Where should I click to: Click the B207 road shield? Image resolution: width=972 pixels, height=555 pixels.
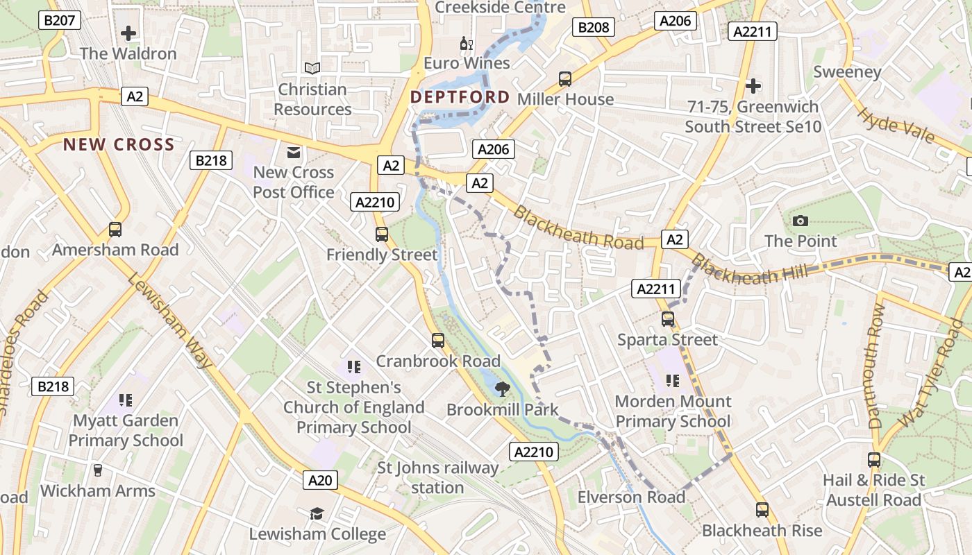[59, 20]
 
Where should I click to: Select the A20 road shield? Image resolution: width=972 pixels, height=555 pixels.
[320, 479]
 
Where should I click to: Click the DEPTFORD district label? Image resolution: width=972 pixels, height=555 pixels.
[460, 97]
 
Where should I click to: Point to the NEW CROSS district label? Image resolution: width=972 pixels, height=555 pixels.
[119, 144]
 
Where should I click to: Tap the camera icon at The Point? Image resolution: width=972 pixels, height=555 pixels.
[801, 221]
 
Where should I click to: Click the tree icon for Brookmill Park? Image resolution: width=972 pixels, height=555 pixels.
[502, 389]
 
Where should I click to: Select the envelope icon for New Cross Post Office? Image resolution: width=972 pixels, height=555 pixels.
[294, 152]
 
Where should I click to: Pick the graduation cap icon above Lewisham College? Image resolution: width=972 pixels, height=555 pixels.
[317, 513]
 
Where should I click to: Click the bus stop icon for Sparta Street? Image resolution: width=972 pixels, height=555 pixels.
[668, 319]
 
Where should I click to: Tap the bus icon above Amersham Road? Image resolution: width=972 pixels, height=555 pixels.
[115, 230]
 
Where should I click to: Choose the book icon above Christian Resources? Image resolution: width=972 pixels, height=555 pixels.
[312, 68]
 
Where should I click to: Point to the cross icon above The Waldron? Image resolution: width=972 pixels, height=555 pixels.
[128, 33]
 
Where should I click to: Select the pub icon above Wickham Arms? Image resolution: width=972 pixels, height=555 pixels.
[97, 470]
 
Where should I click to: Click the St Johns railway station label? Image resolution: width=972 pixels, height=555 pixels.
[437, 478]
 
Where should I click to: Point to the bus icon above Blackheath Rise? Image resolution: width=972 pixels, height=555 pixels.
[762, 511]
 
